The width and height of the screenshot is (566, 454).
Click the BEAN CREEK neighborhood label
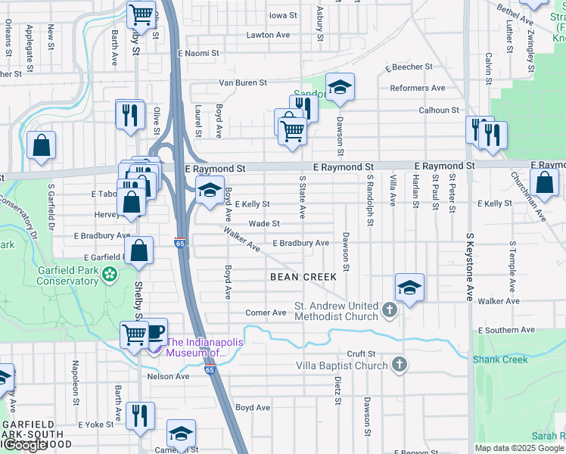pos(303,277)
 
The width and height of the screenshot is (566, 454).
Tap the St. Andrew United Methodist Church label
pos(336,312)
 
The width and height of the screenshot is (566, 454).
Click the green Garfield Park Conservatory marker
pos(111,273)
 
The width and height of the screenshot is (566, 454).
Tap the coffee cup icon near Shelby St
pos(155,331)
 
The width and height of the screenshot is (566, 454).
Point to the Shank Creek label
pos(500,359)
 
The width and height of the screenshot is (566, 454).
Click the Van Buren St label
pos(243,82)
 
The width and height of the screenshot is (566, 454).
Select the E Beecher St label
pos(408,67)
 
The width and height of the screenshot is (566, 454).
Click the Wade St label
pos(264,224)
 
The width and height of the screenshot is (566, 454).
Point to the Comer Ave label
pos(266,313)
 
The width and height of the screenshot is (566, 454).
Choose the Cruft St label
pos(361,353)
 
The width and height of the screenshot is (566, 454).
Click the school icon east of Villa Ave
pos(409,288)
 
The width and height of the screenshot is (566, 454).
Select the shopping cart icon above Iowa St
pos(140,14)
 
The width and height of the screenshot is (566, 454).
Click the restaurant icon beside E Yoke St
pos(140,416)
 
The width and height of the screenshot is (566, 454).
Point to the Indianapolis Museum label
pos(205,347)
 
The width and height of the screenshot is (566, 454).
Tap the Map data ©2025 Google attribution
pos(519,448)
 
